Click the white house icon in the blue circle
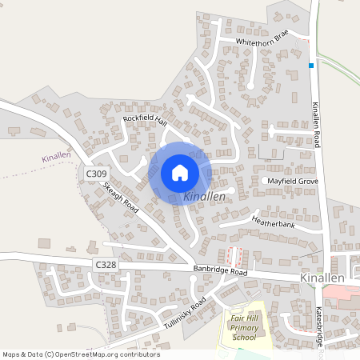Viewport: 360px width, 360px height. [180, 172]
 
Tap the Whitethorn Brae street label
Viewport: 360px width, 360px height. [262, 40]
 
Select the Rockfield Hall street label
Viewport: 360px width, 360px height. [144, 119]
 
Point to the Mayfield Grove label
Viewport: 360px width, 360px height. [293, 182]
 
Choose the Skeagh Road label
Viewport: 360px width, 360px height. [122, 197]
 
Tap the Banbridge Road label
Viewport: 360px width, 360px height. [221, 271]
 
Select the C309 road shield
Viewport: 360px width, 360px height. [96, 173]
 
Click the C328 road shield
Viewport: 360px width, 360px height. [106, 264]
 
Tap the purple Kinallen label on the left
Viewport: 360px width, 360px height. [57, 158]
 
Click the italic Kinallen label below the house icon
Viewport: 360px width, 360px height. [205, 196]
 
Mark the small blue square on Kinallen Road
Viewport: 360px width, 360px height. [310, 66]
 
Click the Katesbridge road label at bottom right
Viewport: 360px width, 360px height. [318, 328]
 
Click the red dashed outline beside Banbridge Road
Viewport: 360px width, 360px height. [234, 257]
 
